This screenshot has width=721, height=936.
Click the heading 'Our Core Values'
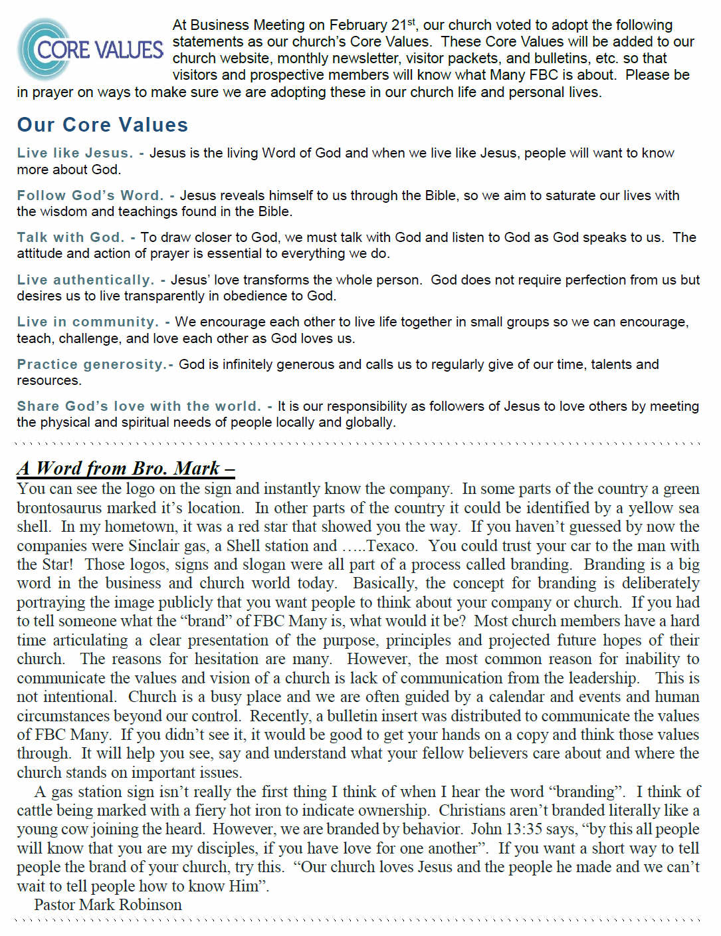click(x=102, y=125)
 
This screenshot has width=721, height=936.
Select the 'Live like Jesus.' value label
click(x=74, y=153)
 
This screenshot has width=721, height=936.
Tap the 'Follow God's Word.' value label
click(x=90, y=195)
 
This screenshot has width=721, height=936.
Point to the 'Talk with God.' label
click(x=70, y=237)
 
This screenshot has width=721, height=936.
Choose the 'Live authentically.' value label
click(x=85, y=280)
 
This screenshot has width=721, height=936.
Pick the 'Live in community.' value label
click(x=88, y=322)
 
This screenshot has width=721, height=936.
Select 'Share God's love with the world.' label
click(x=139, y=406)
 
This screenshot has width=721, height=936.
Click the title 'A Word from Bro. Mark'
click(x=125, y=468)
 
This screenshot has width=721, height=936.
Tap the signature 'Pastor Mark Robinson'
click(x=108, y=905)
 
